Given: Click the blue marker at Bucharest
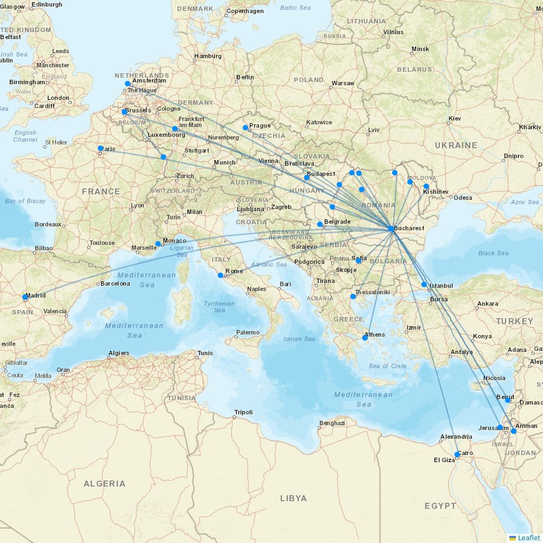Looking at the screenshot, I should (x=391, y=229).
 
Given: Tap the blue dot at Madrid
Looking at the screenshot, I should (x=25, y=297).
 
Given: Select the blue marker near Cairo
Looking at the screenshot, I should (x=457, y=454).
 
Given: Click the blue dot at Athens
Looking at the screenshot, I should (x=365, y=338).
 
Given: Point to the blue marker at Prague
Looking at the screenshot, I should (x=245, y=128).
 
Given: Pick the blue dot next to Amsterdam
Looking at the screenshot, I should (x=128, y=84).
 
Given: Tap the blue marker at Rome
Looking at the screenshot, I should (x=220, y=275).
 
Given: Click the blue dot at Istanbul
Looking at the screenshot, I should (x=424, y=285).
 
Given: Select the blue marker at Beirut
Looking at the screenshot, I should (x=508, y=399).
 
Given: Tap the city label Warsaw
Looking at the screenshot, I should (x=343, y=83).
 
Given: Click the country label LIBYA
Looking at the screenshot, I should (x=293, y=498).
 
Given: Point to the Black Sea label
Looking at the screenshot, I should (x=493, y=253).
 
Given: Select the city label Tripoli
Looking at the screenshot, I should (x=243, y=412).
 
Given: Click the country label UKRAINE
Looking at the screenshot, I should (x=456, y=146).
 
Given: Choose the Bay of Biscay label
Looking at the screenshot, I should (x=25, y=201).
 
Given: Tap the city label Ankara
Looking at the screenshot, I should (x=488, y=304).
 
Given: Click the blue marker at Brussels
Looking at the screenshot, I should (x=124, y=112).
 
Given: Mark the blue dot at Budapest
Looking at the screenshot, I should (x=307, y=177).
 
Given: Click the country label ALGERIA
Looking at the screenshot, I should (x=104, y=483).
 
